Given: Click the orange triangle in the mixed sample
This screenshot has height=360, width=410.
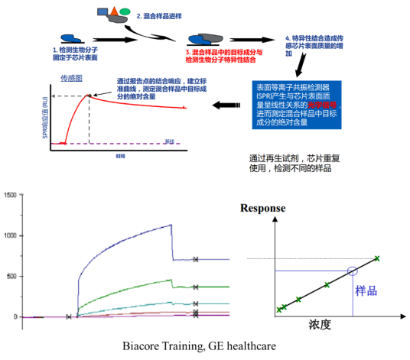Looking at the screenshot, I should pyautogui.click(x=114, y=10).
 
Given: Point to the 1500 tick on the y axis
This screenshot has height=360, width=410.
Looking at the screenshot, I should pyautogui.click(x=10, y=195).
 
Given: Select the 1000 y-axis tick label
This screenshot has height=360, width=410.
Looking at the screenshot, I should pyautogui.click(x=10, y=235).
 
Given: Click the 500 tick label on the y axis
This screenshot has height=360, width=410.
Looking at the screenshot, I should pyautogui.click(x=12, y=276).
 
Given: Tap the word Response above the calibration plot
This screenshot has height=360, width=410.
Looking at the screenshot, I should pyautogui.click(x=263, y=208).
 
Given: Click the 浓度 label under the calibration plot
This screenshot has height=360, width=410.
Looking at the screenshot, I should pyautogui.click(x=321, y=324).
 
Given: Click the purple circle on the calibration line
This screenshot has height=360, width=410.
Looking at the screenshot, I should pyautogui.click(x=352, y=271).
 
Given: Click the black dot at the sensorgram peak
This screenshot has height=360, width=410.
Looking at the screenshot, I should pyautogui.click(x=90, y=96).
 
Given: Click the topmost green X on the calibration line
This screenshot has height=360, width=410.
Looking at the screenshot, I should pyautogui.click(x=377, y=258).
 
